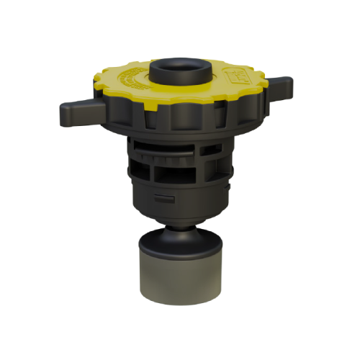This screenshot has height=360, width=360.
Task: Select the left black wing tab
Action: (x=77, y=112)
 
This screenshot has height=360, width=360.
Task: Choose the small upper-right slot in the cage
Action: (x=212, y=149)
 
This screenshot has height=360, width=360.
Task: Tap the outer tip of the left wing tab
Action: (x=63, y=113)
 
